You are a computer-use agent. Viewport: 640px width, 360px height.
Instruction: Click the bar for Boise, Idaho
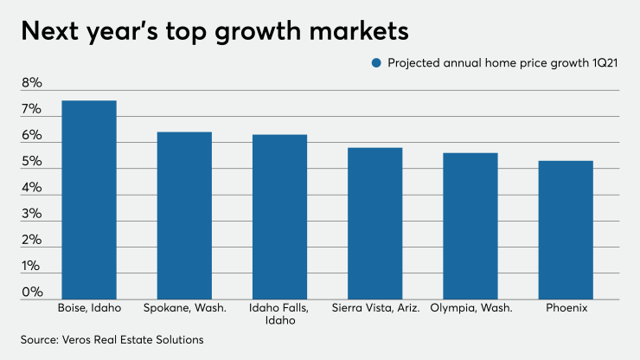pos(88,200)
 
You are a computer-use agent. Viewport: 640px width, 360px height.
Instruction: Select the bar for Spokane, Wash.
pos(184,215)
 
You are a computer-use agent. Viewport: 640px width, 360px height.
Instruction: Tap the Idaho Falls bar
pos(279,217)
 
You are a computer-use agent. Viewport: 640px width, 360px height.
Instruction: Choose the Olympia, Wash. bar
pos(470,226)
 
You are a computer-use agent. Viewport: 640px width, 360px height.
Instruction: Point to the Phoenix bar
pos(566,230)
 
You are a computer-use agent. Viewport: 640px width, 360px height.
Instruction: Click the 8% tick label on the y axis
pos(31,84)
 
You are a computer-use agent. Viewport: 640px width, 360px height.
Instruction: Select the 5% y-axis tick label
pos(31,163)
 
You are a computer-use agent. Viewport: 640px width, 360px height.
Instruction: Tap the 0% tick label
pos(31,292)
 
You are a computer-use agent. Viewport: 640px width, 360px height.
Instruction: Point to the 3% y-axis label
pos(31,215)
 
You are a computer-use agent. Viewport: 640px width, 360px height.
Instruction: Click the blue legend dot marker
pos(375,62)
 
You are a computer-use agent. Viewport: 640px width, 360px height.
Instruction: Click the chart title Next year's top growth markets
pos(213,31)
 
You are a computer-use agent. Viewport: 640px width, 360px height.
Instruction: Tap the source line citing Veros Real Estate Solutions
pos(112,339)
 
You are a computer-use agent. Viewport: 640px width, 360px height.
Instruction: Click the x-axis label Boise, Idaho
pos(88,307)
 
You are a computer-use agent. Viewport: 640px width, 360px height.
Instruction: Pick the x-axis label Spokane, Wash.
pos(184,307)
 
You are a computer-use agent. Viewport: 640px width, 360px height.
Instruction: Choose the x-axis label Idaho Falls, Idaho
pos(279,313)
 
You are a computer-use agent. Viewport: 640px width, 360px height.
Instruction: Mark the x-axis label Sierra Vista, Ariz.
pos(375,307)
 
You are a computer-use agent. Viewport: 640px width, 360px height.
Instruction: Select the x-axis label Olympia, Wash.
pos(470,307)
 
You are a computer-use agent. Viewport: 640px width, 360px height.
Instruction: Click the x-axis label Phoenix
pos(566,307)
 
